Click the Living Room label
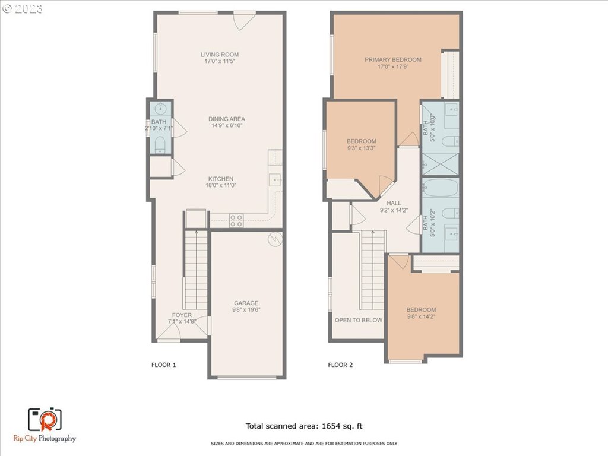(220, 55)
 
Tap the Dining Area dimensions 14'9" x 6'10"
(227, 125)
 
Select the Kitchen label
(221, 179)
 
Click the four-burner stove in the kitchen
(236, 220)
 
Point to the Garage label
(246, 303)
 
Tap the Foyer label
(182, 315)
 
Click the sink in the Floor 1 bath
(160, 108)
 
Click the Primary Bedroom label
(393, 60)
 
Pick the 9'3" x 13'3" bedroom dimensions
(362, 148)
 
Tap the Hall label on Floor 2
(394, 203)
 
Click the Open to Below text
(359, 320)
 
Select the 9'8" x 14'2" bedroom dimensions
(422, 316)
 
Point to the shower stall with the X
(441, 164)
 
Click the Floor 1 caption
(164, 365)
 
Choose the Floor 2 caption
(340, 365)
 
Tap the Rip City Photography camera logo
(45, 420)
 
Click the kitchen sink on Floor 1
(275, 180)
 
